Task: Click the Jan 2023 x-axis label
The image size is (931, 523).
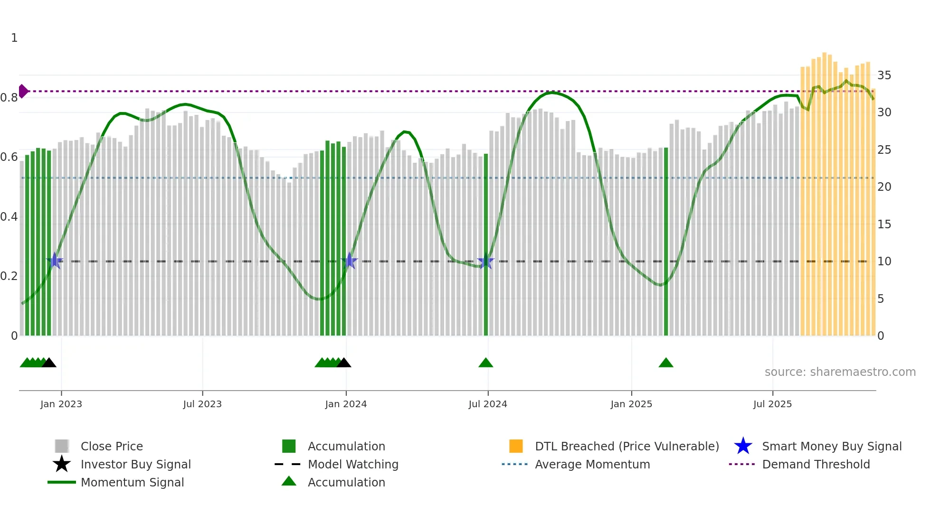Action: coord(61,404)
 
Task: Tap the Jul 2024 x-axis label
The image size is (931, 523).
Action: coord(488,404)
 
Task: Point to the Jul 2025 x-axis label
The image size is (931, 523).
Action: coord(772,404)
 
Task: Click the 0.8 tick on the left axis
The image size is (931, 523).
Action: coord(9,98)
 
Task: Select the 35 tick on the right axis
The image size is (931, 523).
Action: coord(884,75)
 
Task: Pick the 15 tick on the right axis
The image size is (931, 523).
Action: coord(884,224)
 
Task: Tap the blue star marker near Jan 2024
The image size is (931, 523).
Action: coord(350,261)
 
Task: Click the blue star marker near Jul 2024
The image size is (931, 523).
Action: coord(485,261)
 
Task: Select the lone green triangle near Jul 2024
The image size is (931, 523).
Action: coord(485,363)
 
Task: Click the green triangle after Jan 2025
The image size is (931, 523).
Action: coord(666,363)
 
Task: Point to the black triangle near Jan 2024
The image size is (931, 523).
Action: coord(343,363)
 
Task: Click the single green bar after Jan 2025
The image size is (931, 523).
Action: coord(666,242)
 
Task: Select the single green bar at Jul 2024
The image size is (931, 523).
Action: coord(485,245)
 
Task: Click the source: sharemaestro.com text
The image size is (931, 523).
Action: coord(840,372)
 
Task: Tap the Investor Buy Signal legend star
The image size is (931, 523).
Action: coord(62,464)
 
